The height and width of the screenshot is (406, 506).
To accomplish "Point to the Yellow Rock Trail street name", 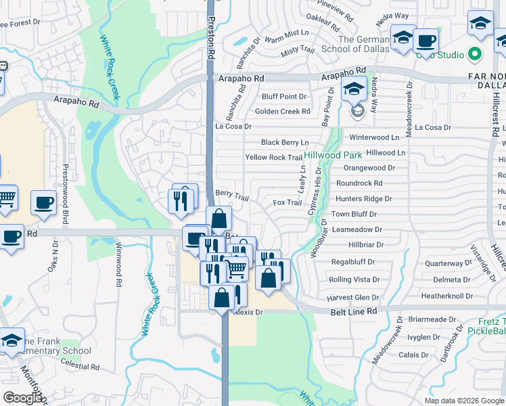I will click(273, 158).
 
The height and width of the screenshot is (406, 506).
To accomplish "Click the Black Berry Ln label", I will click(285, 143).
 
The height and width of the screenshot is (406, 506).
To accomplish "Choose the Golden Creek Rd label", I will click(282, 111).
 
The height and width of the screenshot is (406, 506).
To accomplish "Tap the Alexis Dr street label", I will click(248, 312).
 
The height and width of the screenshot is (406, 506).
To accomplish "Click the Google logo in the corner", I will click(22, 397).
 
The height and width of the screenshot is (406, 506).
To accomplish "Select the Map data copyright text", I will click(463, 401).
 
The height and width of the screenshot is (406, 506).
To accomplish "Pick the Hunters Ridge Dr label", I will click(364, 199).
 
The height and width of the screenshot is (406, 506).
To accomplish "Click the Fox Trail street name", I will click(287, 202).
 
